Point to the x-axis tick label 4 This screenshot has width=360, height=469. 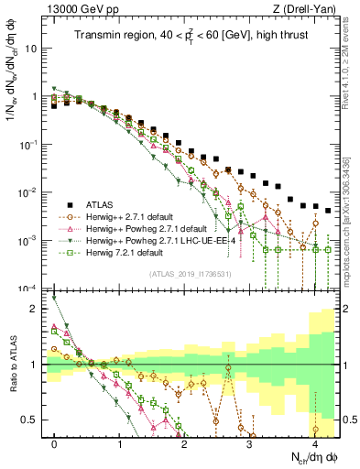click(x=314, y=443)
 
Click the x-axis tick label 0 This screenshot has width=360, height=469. click(x=54, y=443)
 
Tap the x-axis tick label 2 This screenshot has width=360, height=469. click(x=184, y=443)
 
